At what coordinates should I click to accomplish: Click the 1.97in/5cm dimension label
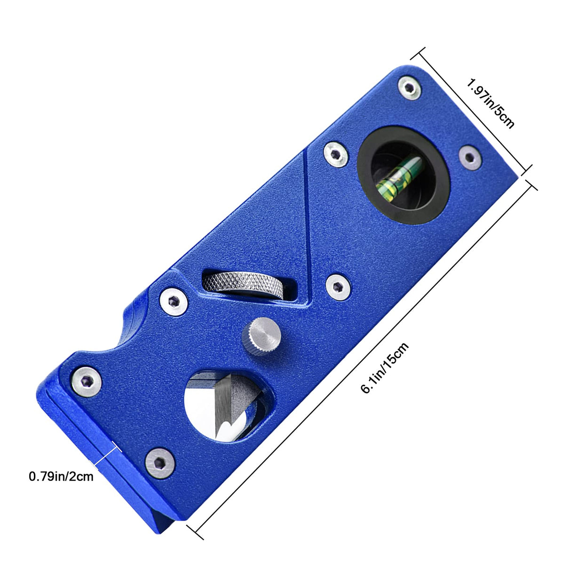[491, 103]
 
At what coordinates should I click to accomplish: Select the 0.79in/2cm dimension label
[61, 476]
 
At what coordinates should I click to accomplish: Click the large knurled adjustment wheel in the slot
[244, 285]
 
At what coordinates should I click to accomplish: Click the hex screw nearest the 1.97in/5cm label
[409, 88]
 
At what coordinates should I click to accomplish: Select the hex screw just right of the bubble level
[470, 157]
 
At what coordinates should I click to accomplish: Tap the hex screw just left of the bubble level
[336, 154]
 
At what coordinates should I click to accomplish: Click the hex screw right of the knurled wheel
[338, 286]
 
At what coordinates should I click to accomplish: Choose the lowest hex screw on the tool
[159, 463]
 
